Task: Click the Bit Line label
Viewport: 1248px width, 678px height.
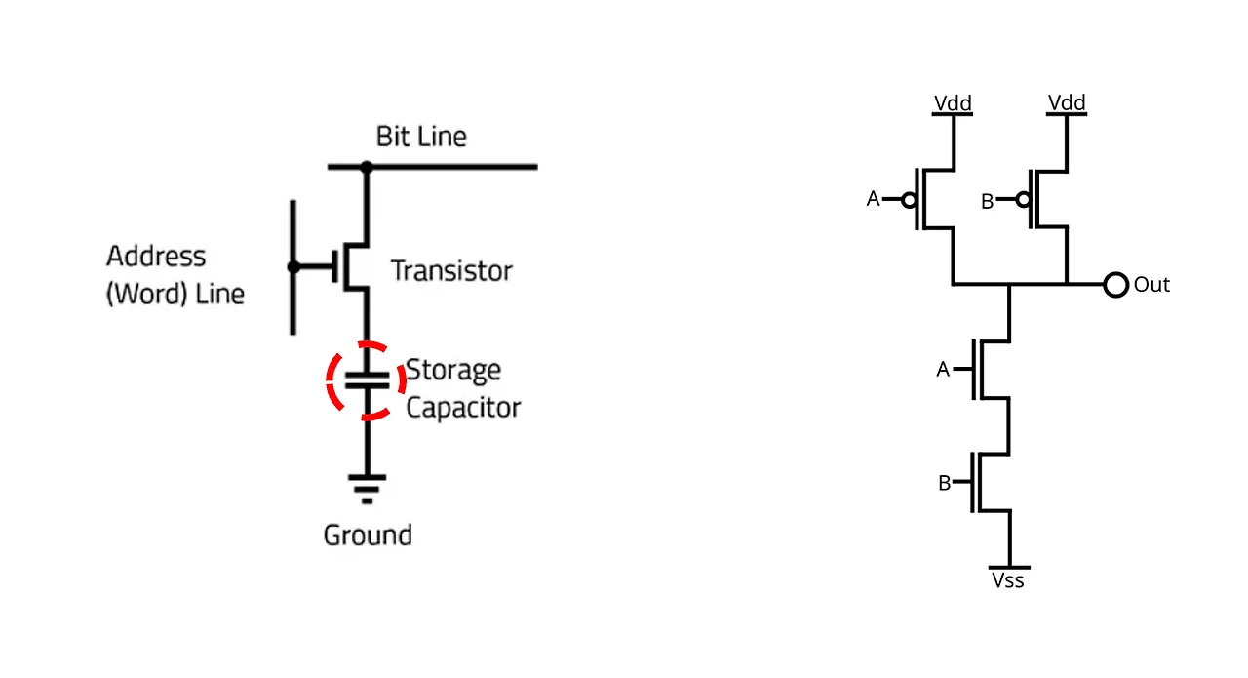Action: tap(421, 137)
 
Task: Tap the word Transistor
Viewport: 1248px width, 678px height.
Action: tap(450, 270)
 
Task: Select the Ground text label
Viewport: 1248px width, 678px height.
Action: tap(368, 535)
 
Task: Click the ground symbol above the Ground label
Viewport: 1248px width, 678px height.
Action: tap(367, 488)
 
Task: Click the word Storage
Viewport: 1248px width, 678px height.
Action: tap(453, 371)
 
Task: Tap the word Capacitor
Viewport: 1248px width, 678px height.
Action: tap(463, 407)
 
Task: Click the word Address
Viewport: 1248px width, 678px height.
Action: tap(156, 257)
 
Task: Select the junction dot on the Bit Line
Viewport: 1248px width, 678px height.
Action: tap(367, 168)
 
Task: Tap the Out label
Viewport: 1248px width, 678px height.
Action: tap(1151, 285)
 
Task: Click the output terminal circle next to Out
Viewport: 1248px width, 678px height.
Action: tap(1115, 285)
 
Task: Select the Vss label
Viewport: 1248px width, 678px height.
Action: tap(1008, 580)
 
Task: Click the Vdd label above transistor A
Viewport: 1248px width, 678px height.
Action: tap(953, 103)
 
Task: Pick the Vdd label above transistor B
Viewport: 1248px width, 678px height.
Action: tap(1067, 103)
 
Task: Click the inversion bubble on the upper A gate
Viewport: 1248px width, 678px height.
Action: tap(909, 200)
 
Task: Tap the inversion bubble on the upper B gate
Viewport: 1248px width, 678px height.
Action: tap(1023, 200)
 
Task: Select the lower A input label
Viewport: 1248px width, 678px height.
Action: tap(943, 370)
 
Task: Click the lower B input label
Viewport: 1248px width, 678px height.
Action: tap(944, 482)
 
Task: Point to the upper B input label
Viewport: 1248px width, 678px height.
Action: tap(987, 201)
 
